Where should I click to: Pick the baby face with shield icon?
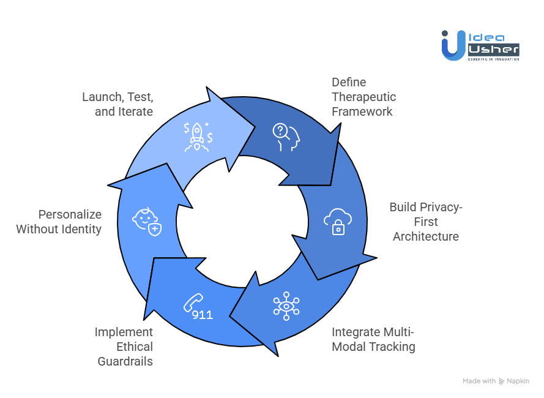[147, 221]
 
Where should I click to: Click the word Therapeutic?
[363, 97]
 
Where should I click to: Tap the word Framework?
[362, 111]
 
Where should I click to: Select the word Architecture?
[425, 236]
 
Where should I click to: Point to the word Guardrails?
[125, 361]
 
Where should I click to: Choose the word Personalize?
[70, 214]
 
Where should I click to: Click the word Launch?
[100, 97]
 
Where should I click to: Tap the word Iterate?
[133, 111]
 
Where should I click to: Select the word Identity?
[82, 229]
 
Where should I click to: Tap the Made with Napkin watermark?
[496, 381]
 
